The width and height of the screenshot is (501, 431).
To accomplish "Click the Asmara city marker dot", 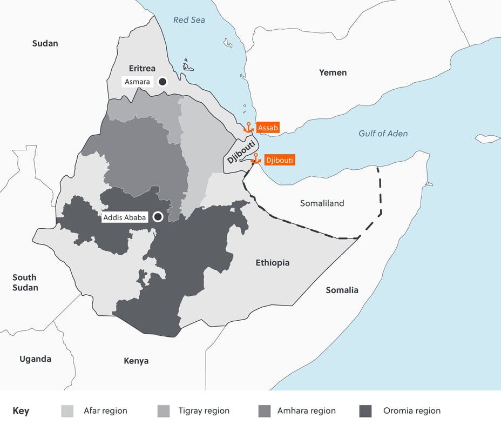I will point(161,82).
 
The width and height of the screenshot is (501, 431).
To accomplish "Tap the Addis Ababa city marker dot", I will point(158,217).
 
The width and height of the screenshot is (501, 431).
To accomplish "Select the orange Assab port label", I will point(268,128).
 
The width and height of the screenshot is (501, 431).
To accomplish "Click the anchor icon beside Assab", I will point(248,128).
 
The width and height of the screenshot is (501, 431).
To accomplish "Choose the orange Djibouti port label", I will point(280,160).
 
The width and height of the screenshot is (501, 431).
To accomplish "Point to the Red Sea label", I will point(189,20).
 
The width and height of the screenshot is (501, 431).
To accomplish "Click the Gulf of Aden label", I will point(383,133).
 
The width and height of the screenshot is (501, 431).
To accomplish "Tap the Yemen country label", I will point(333,72).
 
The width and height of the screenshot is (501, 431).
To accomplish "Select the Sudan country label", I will point(45,43).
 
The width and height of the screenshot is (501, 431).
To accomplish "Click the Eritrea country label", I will point(142,68).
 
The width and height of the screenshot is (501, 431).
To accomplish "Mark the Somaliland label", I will point(322,203).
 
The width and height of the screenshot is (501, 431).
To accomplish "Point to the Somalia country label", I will point(342,290).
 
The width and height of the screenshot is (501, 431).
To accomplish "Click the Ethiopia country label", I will point(272,263).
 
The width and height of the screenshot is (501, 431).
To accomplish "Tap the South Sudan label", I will point(25,282).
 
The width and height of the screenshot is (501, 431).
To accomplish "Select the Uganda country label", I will point(35,359).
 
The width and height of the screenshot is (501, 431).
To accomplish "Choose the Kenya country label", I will point(136,361).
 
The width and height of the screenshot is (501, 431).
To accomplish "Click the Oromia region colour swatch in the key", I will point(365,411).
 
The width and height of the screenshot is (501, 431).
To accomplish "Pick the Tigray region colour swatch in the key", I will point(164,411).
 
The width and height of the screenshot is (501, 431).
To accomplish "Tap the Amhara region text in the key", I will point(306,411).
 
